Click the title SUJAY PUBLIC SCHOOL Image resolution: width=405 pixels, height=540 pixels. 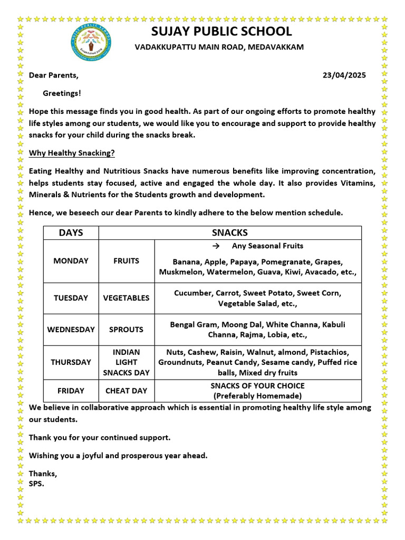click(221, 31)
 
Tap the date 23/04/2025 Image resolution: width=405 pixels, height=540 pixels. click(344, 75)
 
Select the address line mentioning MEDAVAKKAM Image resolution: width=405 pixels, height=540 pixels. click(219, 47)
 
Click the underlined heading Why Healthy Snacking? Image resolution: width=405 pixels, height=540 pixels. click(72, 153)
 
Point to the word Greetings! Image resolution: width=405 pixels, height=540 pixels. click(62, 93)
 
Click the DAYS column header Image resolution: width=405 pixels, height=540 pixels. click(71, 233)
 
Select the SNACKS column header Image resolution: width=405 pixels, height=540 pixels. click(229, 233)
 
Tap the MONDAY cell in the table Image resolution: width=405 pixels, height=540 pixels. click(71, 261)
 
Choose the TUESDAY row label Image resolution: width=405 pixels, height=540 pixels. click(71, 298)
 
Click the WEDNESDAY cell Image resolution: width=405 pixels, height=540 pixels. click(71, 330)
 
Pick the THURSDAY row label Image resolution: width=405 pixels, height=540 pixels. click(71, 362)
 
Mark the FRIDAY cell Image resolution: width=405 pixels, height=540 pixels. click(71, 391)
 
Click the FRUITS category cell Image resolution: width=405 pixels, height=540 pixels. click(126, 261)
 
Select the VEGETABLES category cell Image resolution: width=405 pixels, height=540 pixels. click(126, 298)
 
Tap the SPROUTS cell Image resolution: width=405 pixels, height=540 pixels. click(126, 330)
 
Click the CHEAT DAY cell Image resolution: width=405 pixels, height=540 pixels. click(126, 391)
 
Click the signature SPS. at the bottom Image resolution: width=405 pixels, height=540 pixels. click(36, 483)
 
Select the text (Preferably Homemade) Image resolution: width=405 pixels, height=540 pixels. click(257, 396)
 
